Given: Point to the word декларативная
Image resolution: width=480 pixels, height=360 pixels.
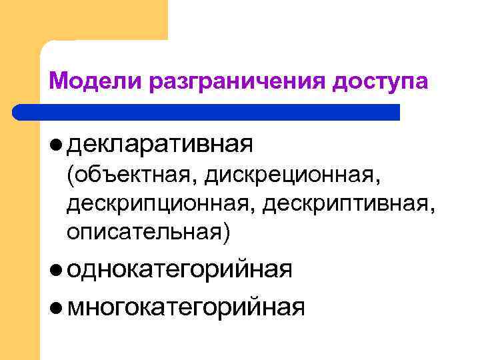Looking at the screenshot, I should (x=160, y=143).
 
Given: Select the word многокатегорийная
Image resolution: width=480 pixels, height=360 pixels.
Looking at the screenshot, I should (x=187, y=307).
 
